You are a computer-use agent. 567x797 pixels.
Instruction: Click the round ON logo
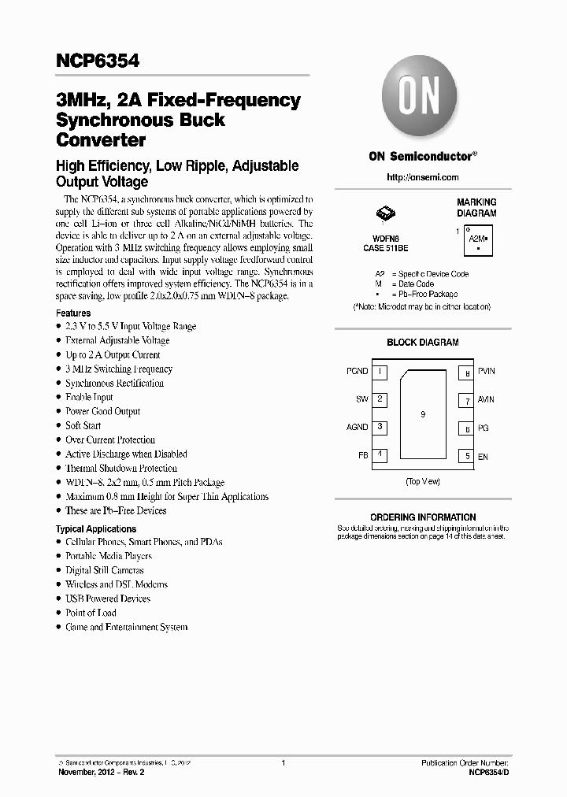pyautogui.click(x=422, y=100)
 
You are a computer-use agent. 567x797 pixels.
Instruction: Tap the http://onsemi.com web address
pyautogui.click(x=422, y=177)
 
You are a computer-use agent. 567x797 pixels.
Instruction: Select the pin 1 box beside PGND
pyautogui.click(x=380, y=371)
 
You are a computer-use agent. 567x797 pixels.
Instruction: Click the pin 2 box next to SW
pyautogui.click(x=380, y=399)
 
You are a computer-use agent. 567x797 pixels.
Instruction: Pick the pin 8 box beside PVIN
pyautogui.click(x=467, y=372)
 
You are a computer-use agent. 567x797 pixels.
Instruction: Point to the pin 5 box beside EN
pyautogui.click(x=467, y=456)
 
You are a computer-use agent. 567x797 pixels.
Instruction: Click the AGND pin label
pyautogui.click(x=357, y=428)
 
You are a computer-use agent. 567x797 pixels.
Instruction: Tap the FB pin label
pyautogui.click(x=362, y=456)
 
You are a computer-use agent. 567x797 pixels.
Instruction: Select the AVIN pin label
pyautogui.click(x=486, y=400)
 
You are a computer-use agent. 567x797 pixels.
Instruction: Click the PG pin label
pyautogui.click(x=483, y=428)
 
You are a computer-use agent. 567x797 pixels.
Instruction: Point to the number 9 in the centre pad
pyautogui.click(x=423, y=414)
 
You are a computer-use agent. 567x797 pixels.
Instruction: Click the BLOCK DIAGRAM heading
pyautogui.click(x=422, y=343)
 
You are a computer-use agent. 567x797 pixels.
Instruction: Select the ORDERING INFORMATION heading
pyautogui.click(x=423, y=517)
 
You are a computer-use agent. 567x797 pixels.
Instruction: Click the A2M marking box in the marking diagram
pyautogui.click(x=477, y=238)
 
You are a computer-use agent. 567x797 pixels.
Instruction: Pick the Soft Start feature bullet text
pyautogui.click(x=83, y=425)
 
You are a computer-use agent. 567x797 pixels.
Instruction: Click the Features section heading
pyautogui.click(x=73, y=313)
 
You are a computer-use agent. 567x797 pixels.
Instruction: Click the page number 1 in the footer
pyautogui.click(x=283, y=763)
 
